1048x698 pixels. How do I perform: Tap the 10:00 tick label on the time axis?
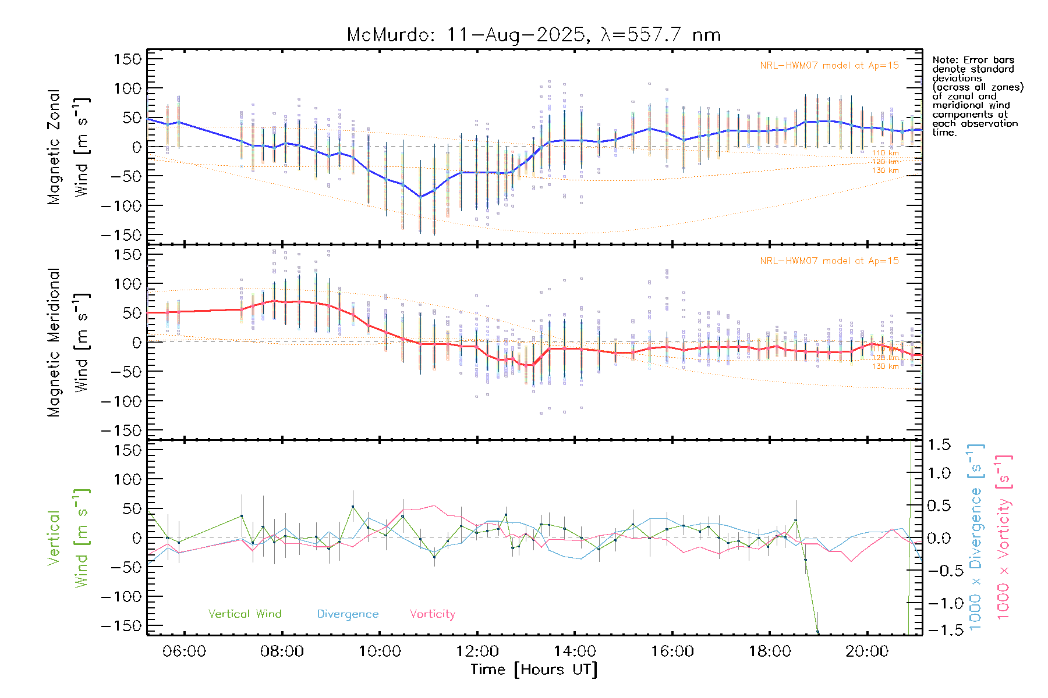click(x=380, y=651)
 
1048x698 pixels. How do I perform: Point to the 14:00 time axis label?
click(x=575, y=651)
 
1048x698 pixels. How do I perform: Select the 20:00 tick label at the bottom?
click(x=867, y=651)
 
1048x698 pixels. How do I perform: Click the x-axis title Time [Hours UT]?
click(x=534, y=670)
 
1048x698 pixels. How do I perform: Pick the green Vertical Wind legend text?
click(x=245, y=614)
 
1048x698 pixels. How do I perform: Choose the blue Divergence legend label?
click(x=348, y=614)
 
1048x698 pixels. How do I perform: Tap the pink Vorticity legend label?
click(x=432, y=614)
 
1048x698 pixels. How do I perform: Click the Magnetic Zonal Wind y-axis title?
click(x=68, y=147)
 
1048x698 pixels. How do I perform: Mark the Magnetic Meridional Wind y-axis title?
click(x=68, y=342)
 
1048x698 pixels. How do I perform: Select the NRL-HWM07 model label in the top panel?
click(x=829, y=66)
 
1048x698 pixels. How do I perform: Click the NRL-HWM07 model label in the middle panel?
click(x=829, y=261)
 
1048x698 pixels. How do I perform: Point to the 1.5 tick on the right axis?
click(x=939, y=445)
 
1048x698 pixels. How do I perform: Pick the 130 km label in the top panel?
click(x=885, y=170)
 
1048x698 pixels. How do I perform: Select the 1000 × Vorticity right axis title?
click(x=1003, y=537)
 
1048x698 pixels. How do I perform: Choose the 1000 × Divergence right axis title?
click(x=975, y=537)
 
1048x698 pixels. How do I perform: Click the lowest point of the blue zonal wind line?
click(x=420, y=197)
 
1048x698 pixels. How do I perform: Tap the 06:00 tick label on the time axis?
click(x=184, y=651)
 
